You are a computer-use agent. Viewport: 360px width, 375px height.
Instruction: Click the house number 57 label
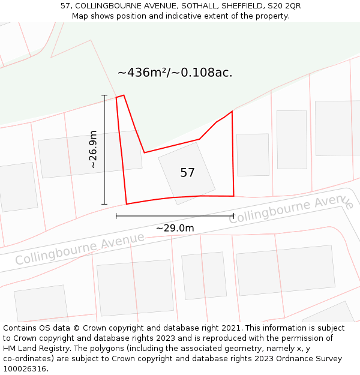coord(187,173)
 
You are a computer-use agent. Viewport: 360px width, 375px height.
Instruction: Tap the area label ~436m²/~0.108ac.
coord(175,73)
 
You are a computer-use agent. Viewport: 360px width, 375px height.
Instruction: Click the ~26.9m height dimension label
coord(93,149)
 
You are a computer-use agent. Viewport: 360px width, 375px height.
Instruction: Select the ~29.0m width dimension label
coord(175,228)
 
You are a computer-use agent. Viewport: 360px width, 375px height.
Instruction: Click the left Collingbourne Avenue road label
coord(79,248)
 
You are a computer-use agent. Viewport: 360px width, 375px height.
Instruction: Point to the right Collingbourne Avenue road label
coord(291,207)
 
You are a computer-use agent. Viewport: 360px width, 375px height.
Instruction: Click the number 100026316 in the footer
coord(25,369)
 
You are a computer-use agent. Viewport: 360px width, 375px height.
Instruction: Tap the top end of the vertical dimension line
coord(104,95)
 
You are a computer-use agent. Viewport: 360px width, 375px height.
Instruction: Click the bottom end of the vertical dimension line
coord(104,205)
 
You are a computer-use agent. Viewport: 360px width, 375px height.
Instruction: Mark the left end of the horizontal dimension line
coord(116,216)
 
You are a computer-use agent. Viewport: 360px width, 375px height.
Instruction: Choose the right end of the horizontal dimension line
coord(233,216)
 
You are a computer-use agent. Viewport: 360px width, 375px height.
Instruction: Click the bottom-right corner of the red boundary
coord(233,196)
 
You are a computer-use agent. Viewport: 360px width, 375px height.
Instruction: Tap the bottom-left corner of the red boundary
coord(127,204)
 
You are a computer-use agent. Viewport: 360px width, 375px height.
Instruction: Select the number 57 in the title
coord(66,6)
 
